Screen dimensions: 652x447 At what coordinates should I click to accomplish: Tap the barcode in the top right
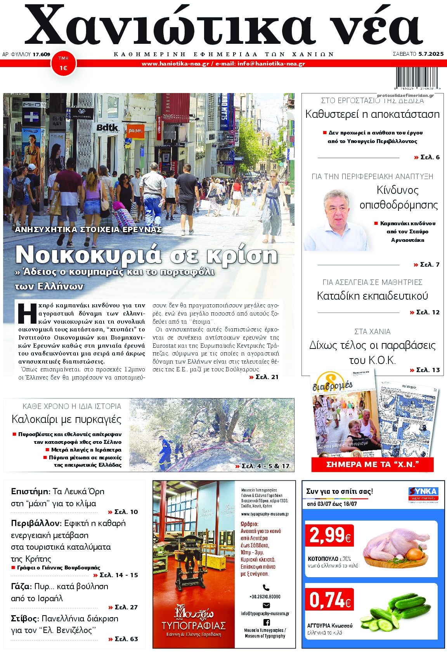[x=414, y=79]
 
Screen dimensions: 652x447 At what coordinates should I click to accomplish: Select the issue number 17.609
[x=41, y=54]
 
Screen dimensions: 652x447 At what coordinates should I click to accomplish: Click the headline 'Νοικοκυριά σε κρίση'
[x=146, y=255]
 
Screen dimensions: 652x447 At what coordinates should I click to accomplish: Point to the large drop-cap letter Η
[x=27, y=313]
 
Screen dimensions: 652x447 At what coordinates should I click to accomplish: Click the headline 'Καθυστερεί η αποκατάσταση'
[x=372, y=114]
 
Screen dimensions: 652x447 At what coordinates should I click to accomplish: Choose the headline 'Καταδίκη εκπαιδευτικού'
[x=372, y=296]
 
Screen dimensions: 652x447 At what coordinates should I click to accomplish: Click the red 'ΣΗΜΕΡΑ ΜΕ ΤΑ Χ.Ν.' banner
[x=372, y=464]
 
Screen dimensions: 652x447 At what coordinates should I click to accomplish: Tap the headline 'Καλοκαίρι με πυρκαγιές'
[x=66, y=419]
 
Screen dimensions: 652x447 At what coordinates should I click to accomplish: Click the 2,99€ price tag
[x=330, y=536]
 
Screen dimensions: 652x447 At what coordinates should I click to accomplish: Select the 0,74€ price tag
[x=330, y=600]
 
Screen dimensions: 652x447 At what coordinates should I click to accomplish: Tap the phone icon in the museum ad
[x=266, y=588]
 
